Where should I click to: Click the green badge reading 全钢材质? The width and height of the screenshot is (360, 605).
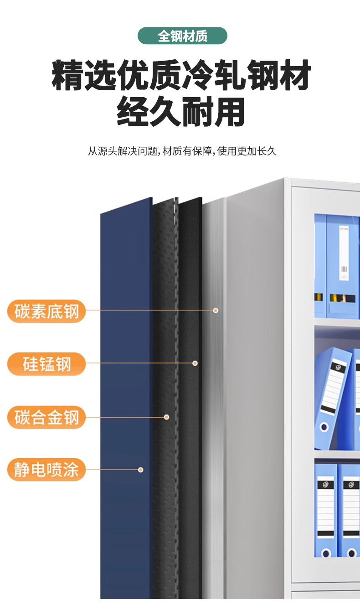coord(182,36)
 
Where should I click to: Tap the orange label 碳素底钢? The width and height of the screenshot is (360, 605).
coord(46,312)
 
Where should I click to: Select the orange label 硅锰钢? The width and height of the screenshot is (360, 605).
coord(46,364)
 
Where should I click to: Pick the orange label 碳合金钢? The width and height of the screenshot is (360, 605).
coord(46,417)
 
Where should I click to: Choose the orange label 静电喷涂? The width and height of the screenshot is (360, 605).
coord(46,470)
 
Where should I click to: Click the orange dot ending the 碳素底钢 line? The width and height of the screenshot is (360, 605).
coord(216,310)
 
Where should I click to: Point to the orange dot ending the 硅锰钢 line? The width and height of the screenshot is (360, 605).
coord(195,363)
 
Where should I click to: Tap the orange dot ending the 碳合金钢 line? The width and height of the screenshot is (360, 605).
coord(167,417)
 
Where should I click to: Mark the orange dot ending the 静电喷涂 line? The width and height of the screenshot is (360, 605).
coord(141,470)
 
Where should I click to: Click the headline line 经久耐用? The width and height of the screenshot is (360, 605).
coord(181,112)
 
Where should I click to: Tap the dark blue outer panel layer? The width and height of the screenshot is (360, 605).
coord(125,388)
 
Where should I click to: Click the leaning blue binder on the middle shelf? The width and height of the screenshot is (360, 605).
coord(332,397)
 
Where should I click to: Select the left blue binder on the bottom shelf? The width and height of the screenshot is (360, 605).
coord(325,511)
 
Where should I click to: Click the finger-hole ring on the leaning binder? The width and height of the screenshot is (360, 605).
coord(324,428)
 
